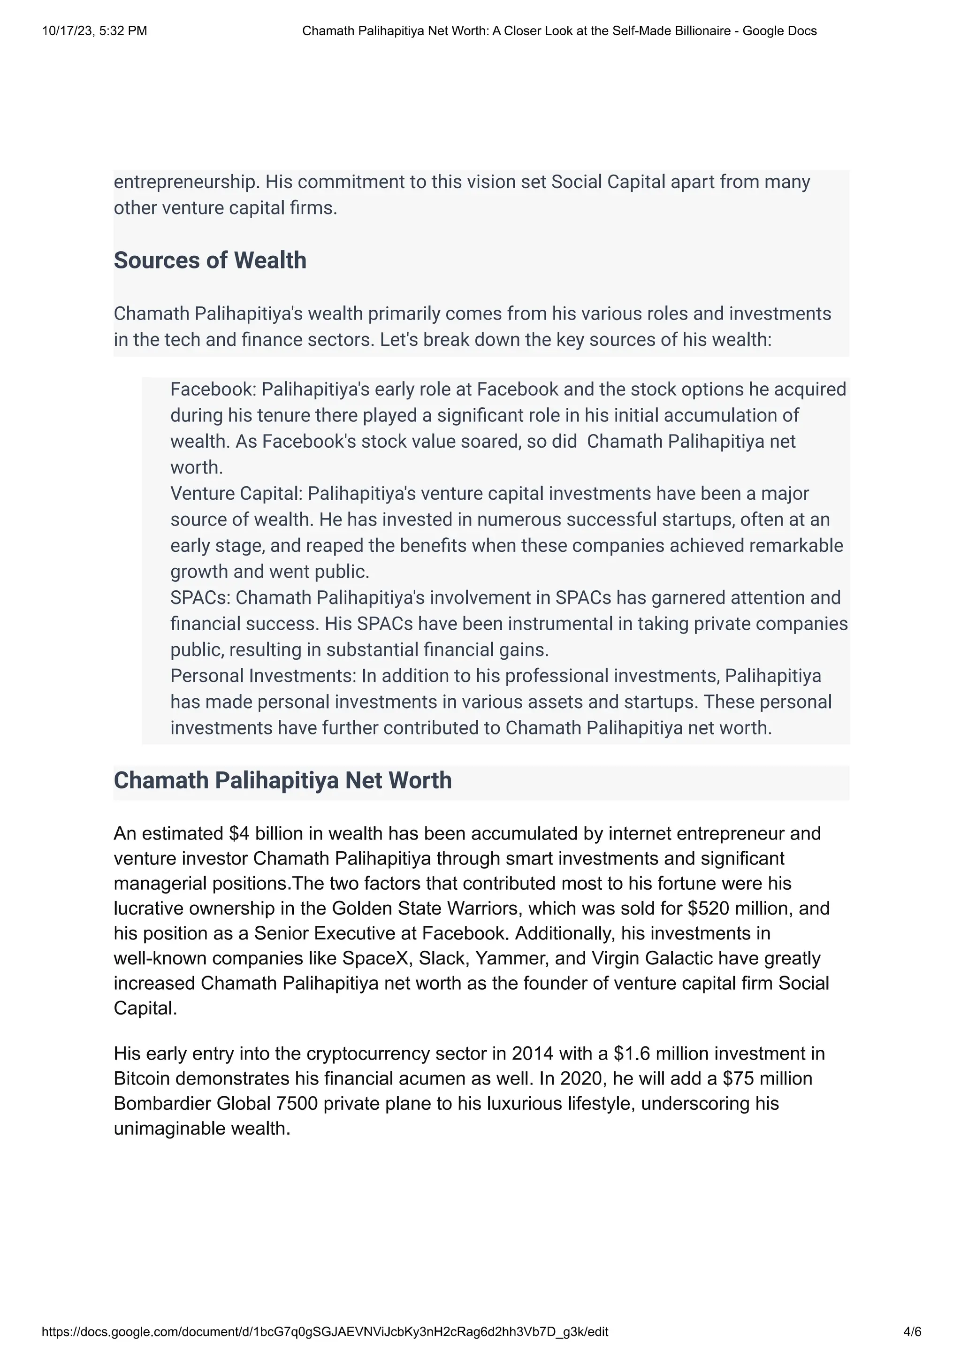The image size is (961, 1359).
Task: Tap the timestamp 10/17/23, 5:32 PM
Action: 95,31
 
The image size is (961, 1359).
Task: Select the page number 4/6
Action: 912,1332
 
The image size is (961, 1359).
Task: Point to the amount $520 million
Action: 741,908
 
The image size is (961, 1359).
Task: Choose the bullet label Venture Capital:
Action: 236,494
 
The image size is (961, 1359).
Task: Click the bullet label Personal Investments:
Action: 263,676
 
